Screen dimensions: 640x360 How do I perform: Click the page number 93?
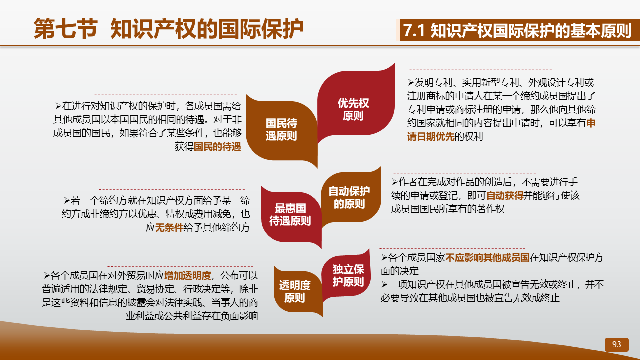coord(617,344)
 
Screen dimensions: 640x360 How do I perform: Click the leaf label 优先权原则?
coord(353,109)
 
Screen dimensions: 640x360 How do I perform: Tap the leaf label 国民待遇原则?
coord(281,129)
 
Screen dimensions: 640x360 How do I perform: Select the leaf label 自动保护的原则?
coord(349,197)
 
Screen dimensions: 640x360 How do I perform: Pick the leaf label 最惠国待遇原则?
coord(290,214)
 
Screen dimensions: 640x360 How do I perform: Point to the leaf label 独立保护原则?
coord(348,275)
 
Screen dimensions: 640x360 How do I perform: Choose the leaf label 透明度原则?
coord(295,291)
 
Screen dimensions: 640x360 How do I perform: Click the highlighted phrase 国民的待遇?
coord(217,147)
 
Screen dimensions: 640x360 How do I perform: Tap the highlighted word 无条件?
coord(169,227)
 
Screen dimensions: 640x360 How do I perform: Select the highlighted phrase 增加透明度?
coord(188,275)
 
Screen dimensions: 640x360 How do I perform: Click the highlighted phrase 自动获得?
coord(505,195)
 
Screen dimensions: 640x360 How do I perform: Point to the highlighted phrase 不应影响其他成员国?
coord(487,257)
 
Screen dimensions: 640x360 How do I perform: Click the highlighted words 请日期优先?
coord(431,137)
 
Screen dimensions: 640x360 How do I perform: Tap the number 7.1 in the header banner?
coord(415,30)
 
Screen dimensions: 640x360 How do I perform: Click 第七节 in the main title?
coord(66,29)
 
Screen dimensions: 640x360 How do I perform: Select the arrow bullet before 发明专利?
coord(411,83)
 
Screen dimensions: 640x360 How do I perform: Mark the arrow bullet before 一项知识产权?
coord(384,285)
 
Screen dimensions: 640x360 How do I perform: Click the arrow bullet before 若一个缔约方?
coord(67,201)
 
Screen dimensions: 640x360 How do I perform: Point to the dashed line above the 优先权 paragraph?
coord(479,69)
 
